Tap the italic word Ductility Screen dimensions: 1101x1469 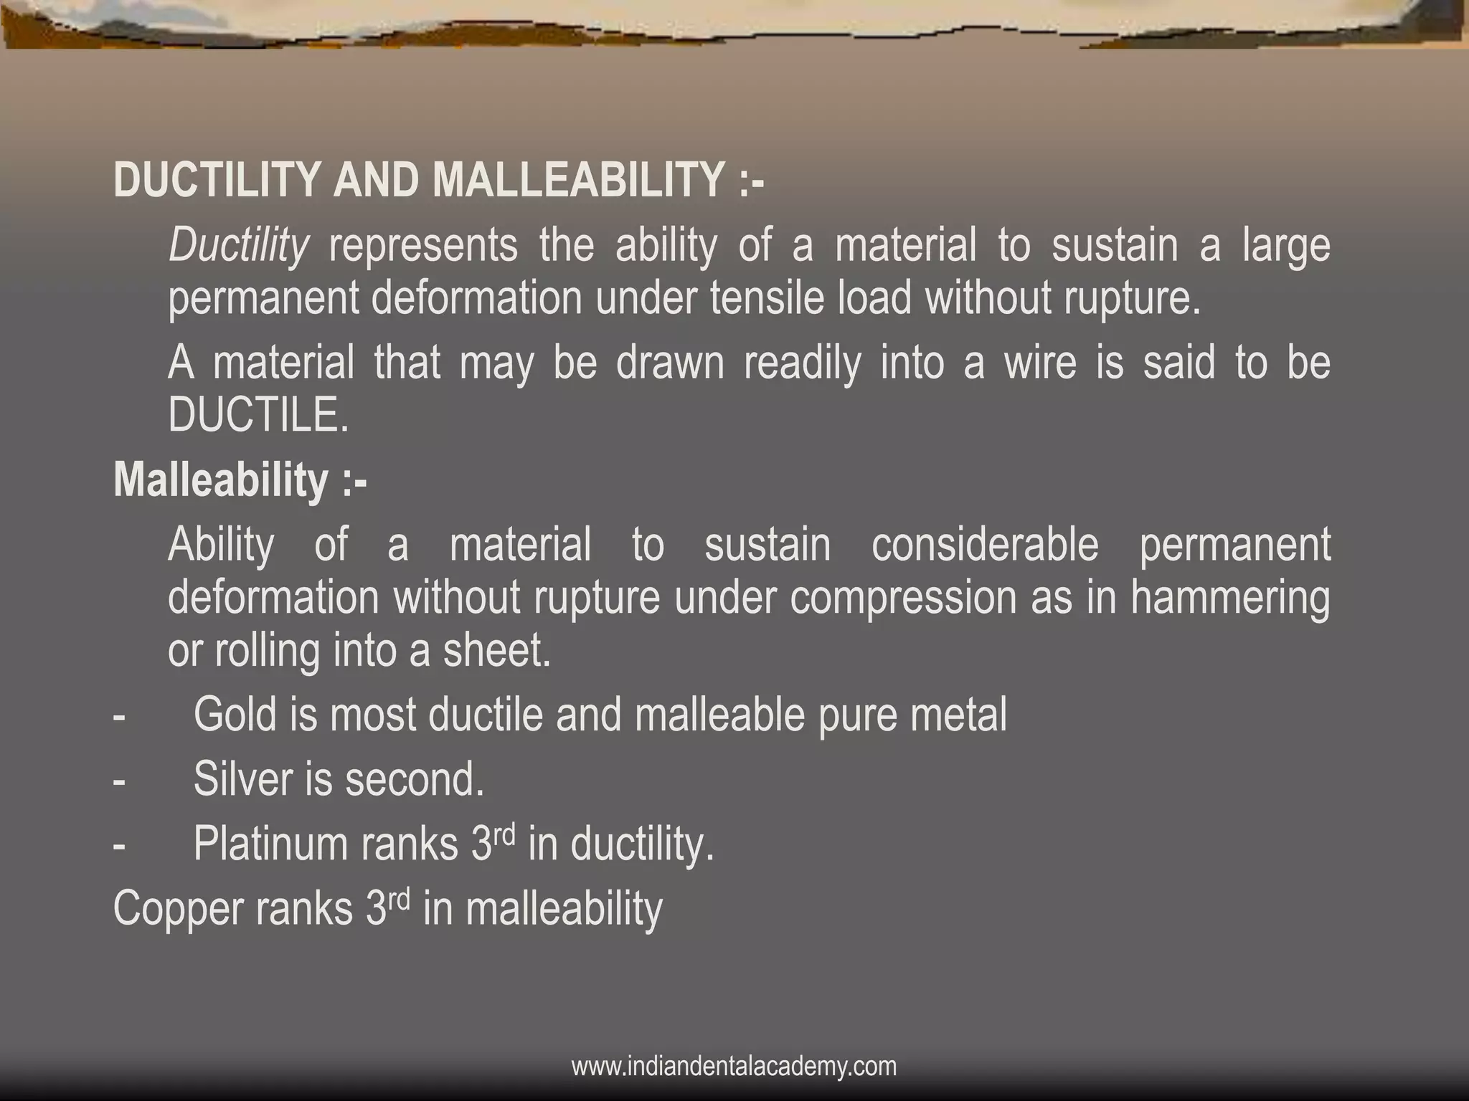238,246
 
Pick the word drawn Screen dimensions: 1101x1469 670,362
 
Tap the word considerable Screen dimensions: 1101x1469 985,544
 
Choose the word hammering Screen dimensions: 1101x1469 1230,599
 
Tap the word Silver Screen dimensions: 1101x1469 242,778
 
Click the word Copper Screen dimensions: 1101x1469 177,909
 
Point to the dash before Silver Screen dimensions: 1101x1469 119,780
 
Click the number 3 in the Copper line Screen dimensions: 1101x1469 376,909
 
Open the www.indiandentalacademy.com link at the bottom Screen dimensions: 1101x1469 734,1066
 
